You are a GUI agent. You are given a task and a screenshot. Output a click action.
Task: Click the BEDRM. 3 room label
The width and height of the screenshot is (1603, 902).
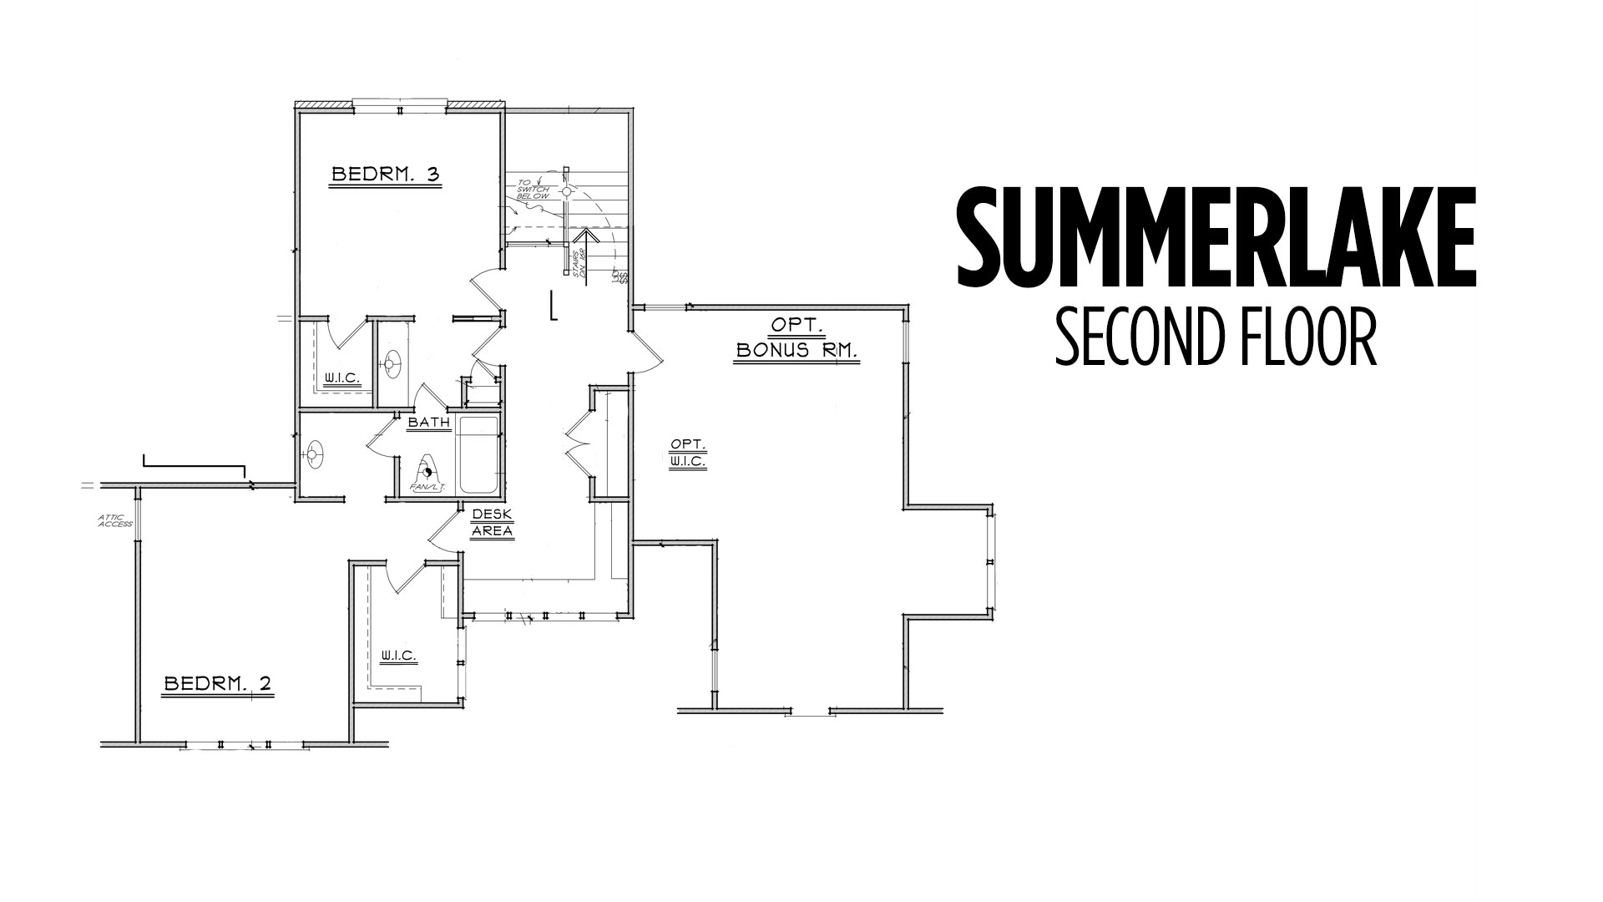click(385, 175)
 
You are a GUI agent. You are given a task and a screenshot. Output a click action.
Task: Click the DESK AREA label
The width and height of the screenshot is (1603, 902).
click(493, 523)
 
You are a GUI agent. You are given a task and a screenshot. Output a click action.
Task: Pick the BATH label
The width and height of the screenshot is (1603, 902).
click(429, 423)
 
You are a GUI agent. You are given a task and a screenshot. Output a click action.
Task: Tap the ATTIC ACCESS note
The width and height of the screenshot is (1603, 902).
click(115, 520)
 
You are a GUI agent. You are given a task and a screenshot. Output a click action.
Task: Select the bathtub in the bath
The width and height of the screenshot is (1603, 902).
click(478, 455)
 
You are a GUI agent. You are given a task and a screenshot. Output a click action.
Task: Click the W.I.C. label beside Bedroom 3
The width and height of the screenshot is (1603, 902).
click(342, 378)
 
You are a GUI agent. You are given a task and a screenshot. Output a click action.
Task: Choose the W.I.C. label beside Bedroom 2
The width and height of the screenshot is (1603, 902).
click(398, 656)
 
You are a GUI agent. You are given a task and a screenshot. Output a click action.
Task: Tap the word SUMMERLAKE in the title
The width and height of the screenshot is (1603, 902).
click(1216, 238)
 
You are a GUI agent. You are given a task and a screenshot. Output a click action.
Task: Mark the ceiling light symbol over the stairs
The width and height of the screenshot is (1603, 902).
click(566, 191)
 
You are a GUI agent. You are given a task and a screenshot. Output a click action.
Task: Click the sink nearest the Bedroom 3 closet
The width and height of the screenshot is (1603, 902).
click(392, 364)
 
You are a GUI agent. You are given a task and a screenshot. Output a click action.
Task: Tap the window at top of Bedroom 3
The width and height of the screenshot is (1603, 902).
click(401, 105)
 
